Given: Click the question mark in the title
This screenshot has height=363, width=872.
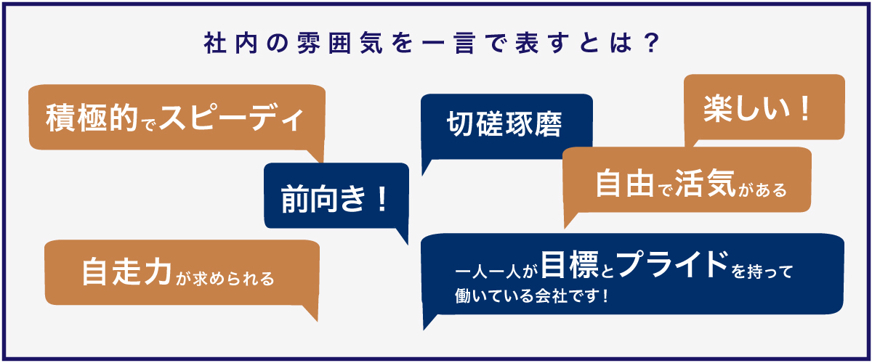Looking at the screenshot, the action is pos(651,42).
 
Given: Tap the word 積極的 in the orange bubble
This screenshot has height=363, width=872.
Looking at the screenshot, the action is pos(92,118).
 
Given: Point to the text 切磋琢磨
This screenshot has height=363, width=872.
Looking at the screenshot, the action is pos(504,124).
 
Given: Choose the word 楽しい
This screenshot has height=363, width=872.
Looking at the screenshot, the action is pos(747,109).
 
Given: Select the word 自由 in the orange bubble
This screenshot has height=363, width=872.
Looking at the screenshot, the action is pos(625,183).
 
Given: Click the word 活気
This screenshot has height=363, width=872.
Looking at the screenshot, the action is pos(706,183).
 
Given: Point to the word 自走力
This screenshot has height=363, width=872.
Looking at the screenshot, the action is pos(126,272).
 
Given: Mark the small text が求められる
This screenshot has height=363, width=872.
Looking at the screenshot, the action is pos(225,279).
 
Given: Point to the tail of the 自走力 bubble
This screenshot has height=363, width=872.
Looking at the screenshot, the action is pos(312,313).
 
